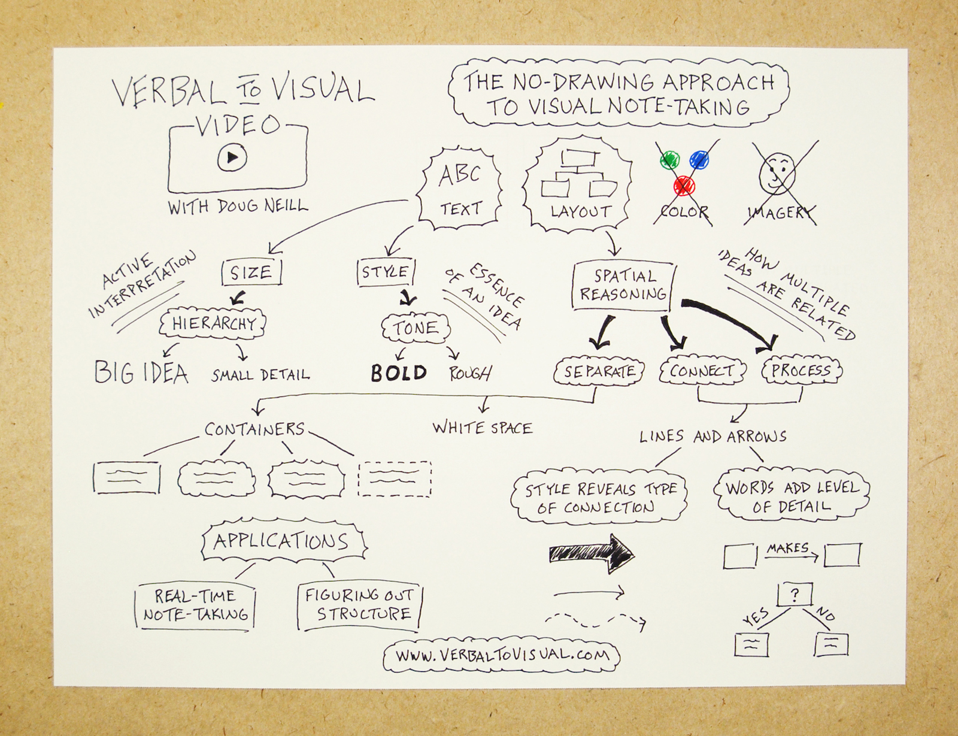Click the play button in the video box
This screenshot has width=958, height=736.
tap(232, 158)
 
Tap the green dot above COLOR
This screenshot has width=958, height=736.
tap(670, 160)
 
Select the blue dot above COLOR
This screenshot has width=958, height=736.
tap(699, 159)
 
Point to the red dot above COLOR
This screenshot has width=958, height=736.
tap(684, 186)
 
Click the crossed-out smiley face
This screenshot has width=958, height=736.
tap(777, 172)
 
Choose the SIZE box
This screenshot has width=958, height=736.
tap(251, 273)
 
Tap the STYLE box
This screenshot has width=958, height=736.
tap(386, 272)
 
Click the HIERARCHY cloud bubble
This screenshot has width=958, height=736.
tap(213, 324)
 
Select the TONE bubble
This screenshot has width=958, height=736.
tap(416, 328)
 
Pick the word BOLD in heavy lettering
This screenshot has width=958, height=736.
tap(398, 373)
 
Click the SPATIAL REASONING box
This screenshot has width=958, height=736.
tap(623, 285)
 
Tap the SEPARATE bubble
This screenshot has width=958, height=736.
tap(599, 371)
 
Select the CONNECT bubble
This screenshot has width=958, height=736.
tap(702, 371)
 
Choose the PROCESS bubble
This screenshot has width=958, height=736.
tap(801, 371)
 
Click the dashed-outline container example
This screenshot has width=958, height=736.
tap(394, 478)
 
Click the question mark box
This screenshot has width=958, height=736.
tap(795, 595)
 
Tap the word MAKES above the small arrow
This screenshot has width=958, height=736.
tap(787, 547)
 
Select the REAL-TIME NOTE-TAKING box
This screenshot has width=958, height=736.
tap(195, 605)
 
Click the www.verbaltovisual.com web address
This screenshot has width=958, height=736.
tap(502, 655)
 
